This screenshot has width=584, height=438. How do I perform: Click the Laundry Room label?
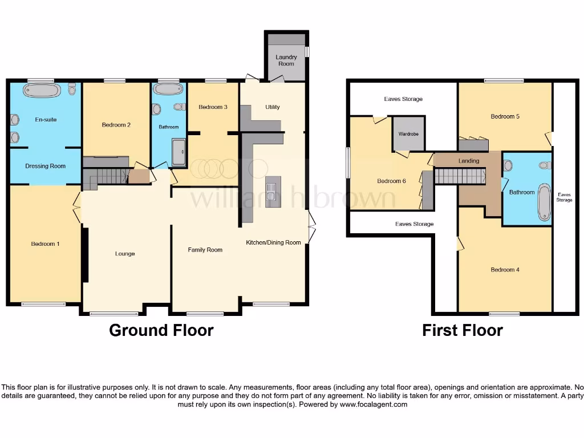pyautogui.click(x=286, y=60)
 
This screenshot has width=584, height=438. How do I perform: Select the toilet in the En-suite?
pyautogui.click(x=72, y=90)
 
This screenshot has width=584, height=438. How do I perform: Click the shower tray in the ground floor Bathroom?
pyautogui.click(x=178, y=152)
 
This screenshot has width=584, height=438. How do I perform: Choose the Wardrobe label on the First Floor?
pyautogui.click(x=408, y=135)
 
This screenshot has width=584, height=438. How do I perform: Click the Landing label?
pyautogui.click(x=469, y=161)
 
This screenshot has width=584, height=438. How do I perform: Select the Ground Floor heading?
pyautogui.click(x=161, y=330)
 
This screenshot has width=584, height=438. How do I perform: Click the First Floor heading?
pyautogui.click(x=463, y=330)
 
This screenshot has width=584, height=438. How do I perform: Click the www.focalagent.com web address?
pyautogui.click(x=374, y=404)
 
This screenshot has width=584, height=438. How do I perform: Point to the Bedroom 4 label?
pyautogui.click(x=505, y=270)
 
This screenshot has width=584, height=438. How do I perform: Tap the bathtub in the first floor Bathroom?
pyautogui.click(x=544, y=202)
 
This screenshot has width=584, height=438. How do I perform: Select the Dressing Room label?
pyautogui.click(x=46, y=166)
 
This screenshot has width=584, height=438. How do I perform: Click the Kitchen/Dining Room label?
pyautogui.click(x=273, y=242)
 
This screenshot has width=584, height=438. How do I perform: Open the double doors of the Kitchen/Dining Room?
pyautogui.click(x=311, y=226)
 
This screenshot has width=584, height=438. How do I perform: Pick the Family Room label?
pyautogui.click(x=205, y=250)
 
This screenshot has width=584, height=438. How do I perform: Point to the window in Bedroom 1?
pyautogui.click(x=43, y=305)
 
